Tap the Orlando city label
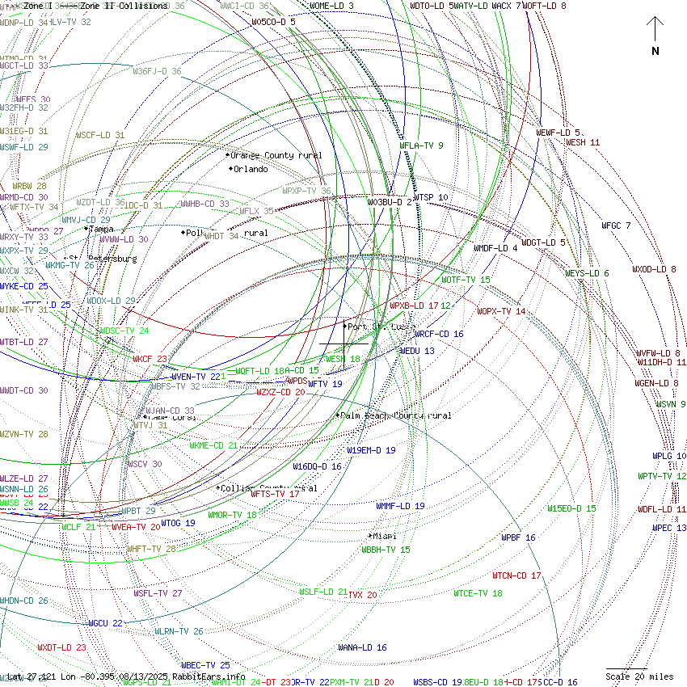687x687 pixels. coord(250,170)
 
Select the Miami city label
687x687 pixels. coord(384,536)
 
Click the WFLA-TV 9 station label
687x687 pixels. coord(422,145)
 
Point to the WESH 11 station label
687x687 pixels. coord(583,142)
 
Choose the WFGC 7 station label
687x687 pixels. coord(616,225)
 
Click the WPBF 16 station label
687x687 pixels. coord(518,537)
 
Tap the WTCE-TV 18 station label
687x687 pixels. coord(478,593)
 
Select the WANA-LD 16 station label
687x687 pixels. coord(362,647)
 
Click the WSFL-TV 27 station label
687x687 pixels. coord(158,593)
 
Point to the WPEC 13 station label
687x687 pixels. coord(669,528)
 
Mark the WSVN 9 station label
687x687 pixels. coord(671,404)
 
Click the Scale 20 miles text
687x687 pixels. coord(639,676)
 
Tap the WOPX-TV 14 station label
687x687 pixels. coord(501,311)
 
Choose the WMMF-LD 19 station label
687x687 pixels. coord(400,506)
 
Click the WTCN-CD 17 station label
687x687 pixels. coord(516,575)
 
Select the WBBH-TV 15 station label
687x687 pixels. coord(386,550)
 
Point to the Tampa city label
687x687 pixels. coord(101,229)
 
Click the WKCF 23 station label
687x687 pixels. coord(150,359)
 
